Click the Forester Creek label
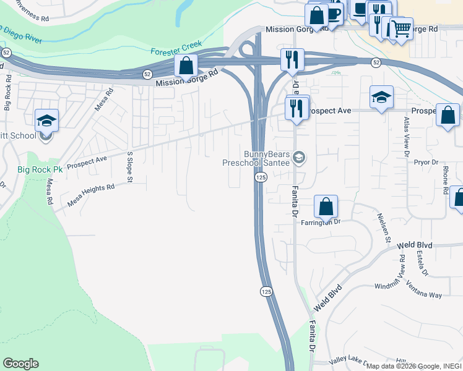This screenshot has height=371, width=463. [x=177, y=53]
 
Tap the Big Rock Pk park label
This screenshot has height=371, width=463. [x=40, y=169]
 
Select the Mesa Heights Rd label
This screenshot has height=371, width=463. [x=91, y=196]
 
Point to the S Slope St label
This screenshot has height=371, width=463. [x=130, y=168]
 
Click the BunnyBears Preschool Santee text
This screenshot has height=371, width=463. [x=257, y=158]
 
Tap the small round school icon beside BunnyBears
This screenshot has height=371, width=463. [x=300, y=158]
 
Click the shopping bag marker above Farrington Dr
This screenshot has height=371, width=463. [x=326, y=207]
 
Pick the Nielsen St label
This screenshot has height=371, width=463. [x=384, y=227]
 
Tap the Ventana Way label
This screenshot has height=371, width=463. [x=424, y=289]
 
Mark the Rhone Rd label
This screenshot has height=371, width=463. [x=445, y=180]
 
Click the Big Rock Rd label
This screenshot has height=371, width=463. [x=7, y=93]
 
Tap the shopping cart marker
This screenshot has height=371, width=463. [x=400, y=28]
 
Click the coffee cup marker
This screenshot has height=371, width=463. [x=334, y=14]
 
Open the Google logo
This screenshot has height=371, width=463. [x=20, y=364]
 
